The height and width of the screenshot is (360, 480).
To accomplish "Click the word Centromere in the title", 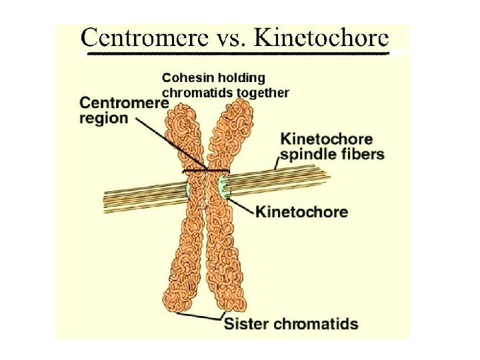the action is [x=133, y=39].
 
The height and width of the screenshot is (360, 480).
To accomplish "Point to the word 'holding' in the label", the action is [x=241, y=77].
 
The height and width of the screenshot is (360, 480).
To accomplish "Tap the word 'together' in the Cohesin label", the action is [x=261, y=93].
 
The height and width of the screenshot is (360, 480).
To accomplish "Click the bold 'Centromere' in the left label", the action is [x=124, y=103].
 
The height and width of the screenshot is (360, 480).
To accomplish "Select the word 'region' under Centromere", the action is [x=104, y=119].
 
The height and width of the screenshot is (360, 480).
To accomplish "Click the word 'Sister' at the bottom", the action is [x=247, y=325].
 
